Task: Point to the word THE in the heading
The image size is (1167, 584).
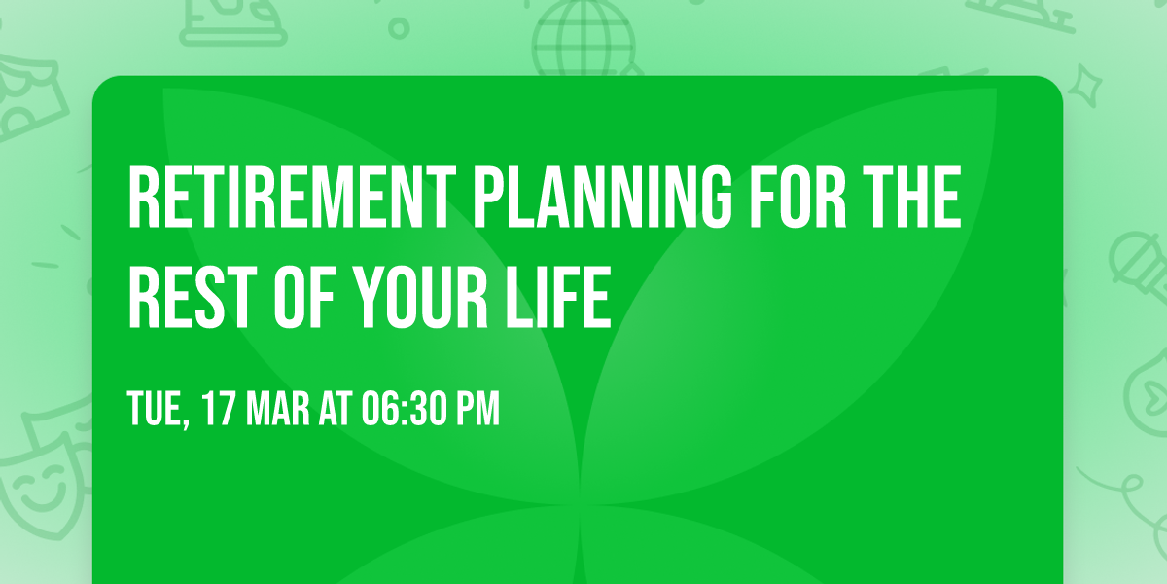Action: click(x=914, y=199)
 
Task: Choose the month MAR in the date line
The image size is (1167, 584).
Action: click(x=280, y=409)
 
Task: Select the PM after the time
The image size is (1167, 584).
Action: click(x=477, y=409)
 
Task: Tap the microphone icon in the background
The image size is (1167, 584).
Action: click(x=1134, y=255)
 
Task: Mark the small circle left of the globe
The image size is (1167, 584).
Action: click(x=398, y=29)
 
